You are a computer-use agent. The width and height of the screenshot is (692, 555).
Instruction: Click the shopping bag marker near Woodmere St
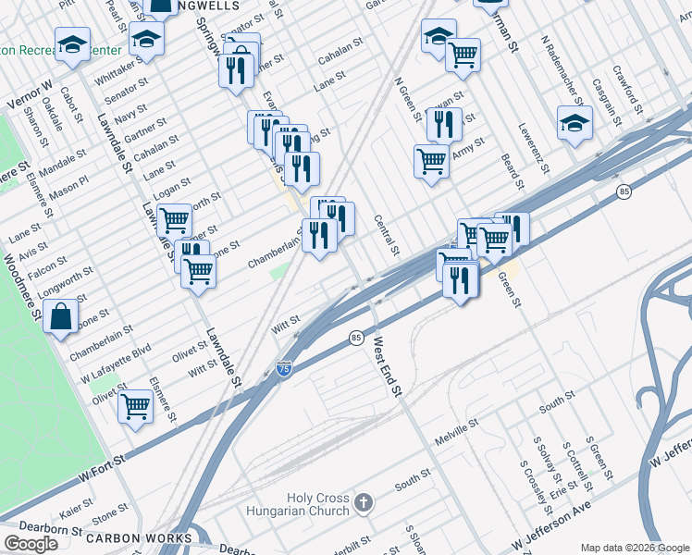click(60, 317)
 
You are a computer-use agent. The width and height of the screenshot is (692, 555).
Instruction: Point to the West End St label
click(388, 367)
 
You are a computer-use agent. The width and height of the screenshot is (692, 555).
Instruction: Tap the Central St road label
click(387, 235)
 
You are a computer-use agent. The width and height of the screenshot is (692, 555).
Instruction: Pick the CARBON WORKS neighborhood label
click(139, 537)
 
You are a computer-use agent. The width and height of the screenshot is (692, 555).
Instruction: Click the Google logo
click(31, 544)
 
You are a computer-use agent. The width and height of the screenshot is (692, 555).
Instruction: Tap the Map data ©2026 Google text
click(634, 548)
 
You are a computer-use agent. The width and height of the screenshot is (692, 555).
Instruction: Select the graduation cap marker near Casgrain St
click(575, 123)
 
